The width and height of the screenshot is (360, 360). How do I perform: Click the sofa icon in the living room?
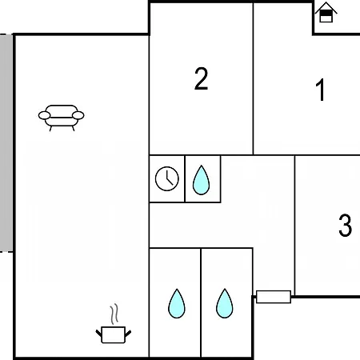coord(62,118)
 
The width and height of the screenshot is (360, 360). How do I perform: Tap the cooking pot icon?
coord(114,324)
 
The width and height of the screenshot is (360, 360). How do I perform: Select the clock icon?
coord(167,178)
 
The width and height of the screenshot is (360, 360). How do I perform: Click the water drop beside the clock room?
coord(201,180)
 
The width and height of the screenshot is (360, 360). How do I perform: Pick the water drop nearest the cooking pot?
coord(177,304)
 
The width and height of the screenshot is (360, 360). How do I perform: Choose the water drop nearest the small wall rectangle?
coord(225,304)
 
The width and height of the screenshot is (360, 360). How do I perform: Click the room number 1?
coord(320,90)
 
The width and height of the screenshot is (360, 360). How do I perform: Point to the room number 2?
coord(201,78)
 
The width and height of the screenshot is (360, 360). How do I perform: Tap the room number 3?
coord(345,225)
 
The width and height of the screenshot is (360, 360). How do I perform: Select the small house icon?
coord(326,12)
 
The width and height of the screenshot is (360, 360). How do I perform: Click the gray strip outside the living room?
coord(6,143)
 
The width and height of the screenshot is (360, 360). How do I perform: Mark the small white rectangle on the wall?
coord(274,297)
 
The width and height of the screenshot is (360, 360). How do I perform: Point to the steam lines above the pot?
coord(114,314)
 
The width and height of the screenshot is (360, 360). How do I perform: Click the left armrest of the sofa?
coord(44,115)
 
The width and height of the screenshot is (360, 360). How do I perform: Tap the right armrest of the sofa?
coord(78,115)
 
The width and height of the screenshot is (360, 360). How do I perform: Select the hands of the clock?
coord(169,178)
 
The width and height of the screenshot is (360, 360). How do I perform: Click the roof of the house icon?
coord(326,7)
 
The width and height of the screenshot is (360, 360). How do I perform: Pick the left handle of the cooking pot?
coord(98,333)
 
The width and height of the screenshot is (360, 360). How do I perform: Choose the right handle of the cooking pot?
coord(128,333)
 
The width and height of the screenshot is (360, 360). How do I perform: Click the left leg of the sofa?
coord(50,128)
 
